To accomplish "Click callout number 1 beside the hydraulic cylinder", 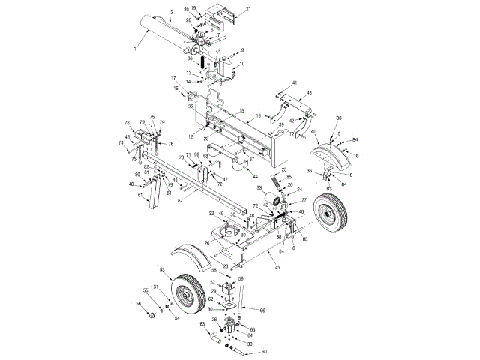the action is pos(136,48).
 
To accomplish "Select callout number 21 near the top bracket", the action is pos(248,9).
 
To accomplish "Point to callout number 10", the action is pos(241,64).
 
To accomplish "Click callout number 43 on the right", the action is pos(308,93).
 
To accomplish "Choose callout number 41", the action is pos(295,82).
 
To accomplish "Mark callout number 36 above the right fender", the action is pos(338,118).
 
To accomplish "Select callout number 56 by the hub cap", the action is pos(138,304).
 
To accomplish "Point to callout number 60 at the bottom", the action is pos(263,351).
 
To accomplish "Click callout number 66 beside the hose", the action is pos(263,310).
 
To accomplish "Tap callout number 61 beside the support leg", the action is pos(139,195).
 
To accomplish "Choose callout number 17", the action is pos(172,78).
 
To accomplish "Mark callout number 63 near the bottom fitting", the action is pos(181,324).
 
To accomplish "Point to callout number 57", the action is pos(213,283).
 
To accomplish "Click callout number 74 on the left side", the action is pos(120,142).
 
